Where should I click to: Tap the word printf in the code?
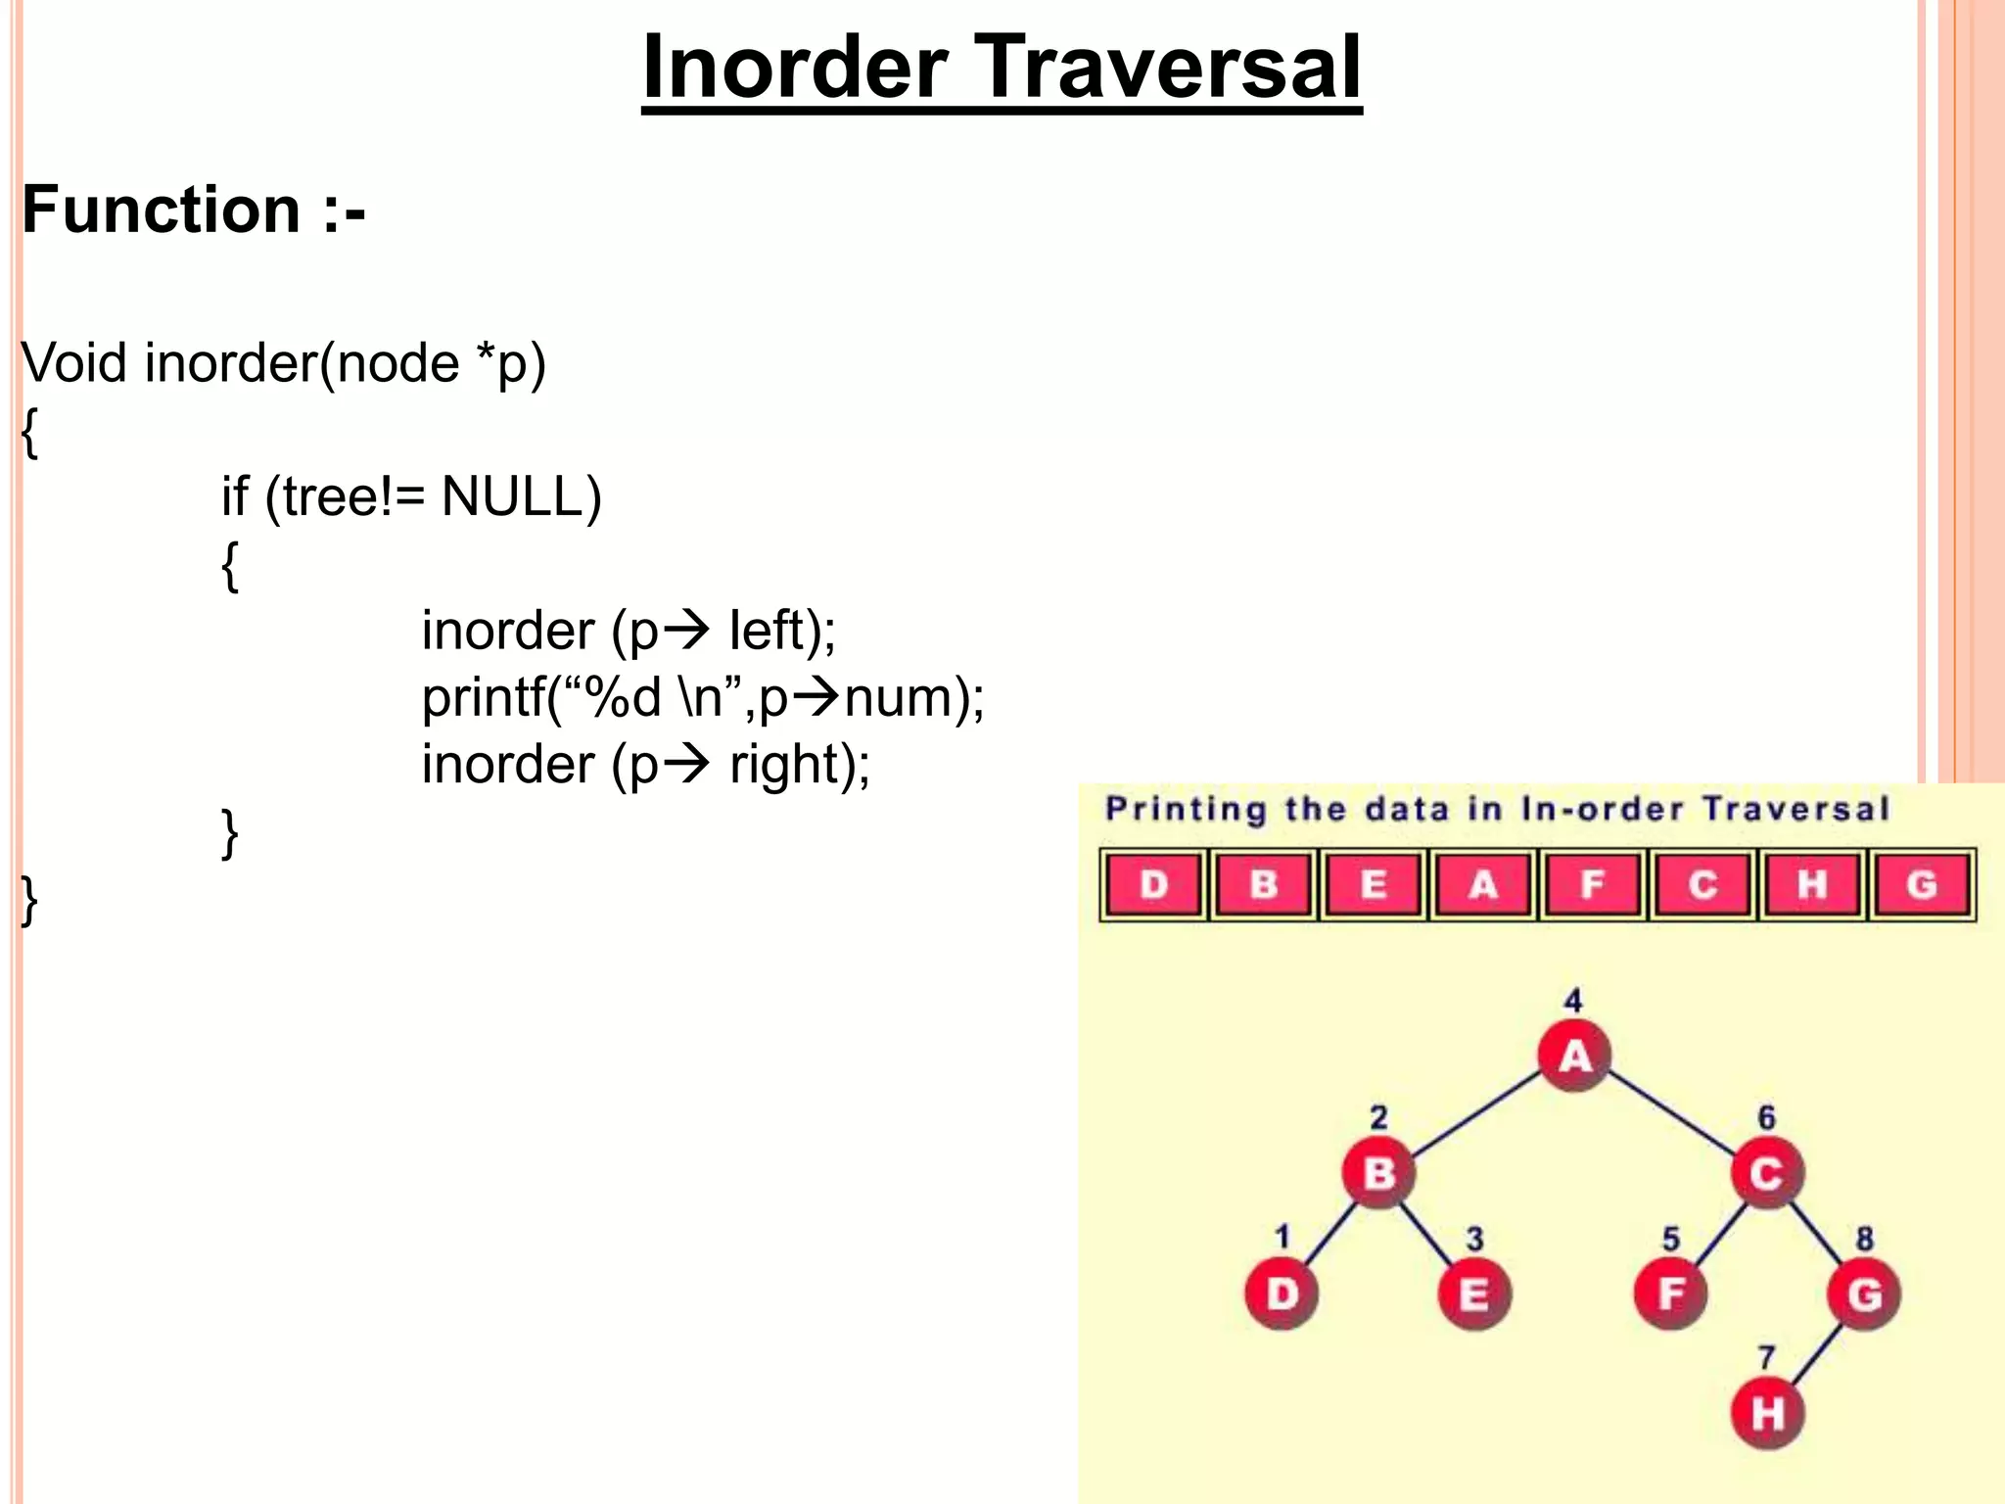pyautogui.click(x=484, y=698)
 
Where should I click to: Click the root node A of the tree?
pyautogui.click(x=1574, y=1057)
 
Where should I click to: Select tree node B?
pyautogui.click(x=1378, y=1172)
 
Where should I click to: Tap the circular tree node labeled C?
pyautogui.click(x=1766, y=1173)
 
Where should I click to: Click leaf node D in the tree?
pyautogui.click(x=1282, y=1293)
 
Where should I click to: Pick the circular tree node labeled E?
pyautogui.click(x=1474, y=1293)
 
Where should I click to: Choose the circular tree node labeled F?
pyautogui.click(x=1670, y=1293)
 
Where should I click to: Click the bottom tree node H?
pyautogui.click(x=1767, y=1414)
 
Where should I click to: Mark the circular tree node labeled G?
pyautogui.click(x=1864, y=1293)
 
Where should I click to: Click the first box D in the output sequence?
pyautogui.click(x=1154, y=885)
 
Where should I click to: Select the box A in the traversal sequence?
pyautogui.click(x=1482, y=885)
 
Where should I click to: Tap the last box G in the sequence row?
pyautogui.click(x=1921, y=885)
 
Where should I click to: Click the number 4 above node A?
pyautogui.click(x=1573, y=1001)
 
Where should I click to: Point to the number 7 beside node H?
pyautogui.click(x=1766, y=1357)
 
